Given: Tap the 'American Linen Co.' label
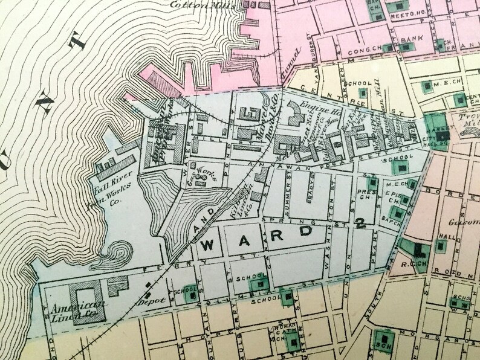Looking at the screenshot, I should click(x=69, y=308).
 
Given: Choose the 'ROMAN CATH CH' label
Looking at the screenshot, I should click(x=284, y=333).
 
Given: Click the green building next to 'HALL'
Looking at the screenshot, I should click(x=441, y=246).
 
